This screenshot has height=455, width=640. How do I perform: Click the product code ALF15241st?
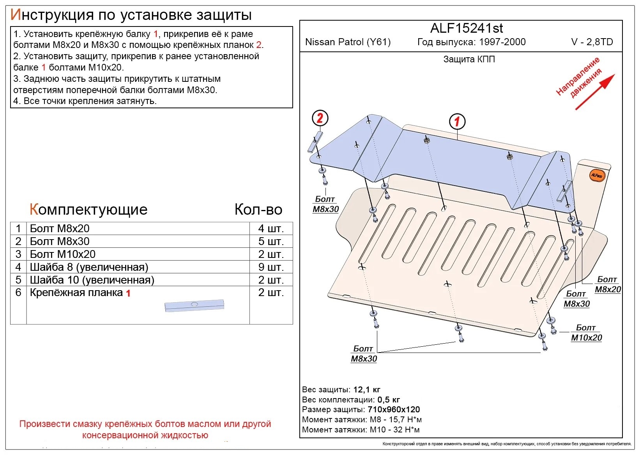click(x=466, y=28)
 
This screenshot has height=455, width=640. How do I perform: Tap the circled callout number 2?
click(x=320, y=118)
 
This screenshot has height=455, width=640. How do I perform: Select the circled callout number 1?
click(x=457, y=122)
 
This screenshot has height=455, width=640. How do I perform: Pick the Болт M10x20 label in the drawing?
click(x=586, y=332)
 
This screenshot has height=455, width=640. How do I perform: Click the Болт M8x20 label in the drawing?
click(x=608, y=284)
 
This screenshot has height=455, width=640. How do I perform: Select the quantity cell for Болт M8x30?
click(x=271, y=242)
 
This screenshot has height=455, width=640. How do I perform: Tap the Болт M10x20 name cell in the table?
click(x=138, y=254)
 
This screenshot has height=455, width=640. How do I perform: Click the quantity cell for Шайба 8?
click(x=271, y=267)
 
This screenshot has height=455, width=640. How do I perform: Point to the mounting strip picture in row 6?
click(x=194, y=306)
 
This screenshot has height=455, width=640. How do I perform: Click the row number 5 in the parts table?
click(x=18, y=280)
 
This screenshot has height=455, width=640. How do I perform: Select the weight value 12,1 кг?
click(x=367, y=390)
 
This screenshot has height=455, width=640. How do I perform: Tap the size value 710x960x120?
click(x=394, y=409)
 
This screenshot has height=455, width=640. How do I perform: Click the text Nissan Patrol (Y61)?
click(x=348, y=42)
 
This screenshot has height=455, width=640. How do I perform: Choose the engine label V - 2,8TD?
click(x=592, y=42)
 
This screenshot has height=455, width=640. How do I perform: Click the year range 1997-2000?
click(x=502, y=42)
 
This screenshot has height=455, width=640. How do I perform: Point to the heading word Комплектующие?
click(x=88, y=209)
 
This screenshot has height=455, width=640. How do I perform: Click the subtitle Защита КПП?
click(x=469, y=60)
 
